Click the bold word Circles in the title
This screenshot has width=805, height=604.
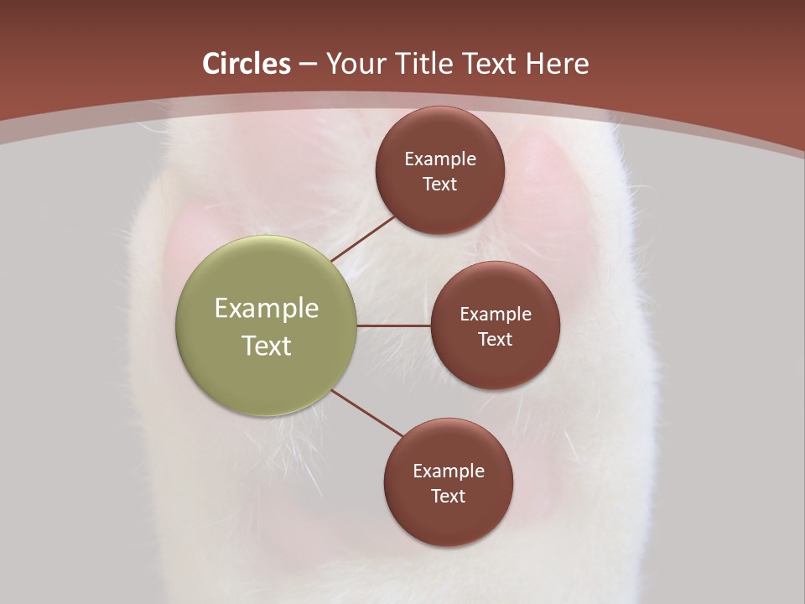click(247, 64)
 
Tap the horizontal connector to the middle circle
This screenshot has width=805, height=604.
click(393, 325)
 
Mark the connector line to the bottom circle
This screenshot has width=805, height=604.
click(367, 413)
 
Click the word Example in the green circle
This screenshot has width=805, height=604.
click(267, 309)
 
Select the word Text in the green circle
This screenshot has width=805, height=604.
click(267, 346)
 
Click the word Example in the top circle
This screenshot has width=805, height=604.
click(440, 159)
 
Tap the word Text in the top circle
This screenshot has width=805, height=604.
click(440, 185)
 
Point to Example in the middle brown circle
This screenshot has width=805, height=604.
click(496, 315)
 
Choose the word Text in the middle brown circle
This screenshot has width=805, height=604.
click(496, 340)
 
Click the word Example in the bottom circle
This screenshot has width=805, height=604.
click(449, 471)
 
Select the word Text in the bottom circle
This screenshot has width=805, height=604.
click(449, 497)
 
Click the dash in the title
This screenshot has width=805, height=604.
click(308, 65)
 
